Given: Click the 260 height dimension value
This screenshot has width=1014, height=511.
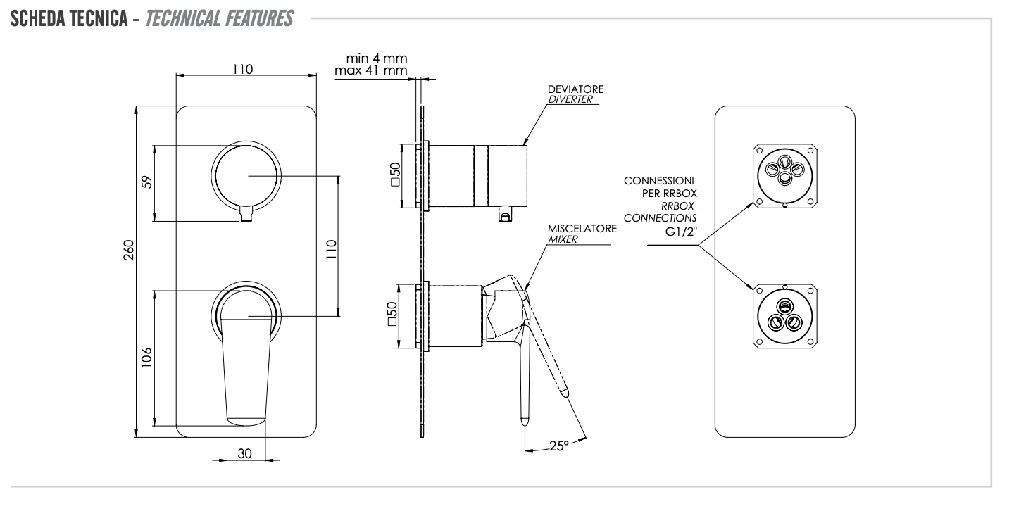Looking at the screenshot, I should [x=128, y=271].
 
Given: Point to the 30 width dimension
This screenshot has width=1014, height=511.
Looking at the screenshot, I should [x=244, y=454].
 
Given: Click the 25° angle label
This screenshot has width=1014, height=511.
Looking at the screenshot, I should [x=557, y=445].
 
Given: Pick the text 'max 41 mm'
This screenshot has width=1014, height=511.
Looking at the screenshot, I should [x=371, y=70].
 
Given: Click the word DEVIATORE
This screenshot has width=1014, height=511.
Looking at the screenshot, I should [x=575, y=89].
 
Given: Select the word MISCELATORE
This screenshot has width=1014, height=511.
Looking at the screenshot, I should [x=582, y=229].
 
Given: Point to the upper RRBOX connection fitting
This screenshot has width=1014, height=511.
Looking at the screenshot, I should [x=784, y=175].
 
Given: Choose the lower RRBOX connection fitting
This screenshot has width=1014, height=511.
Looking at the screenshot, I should [x=784, y=316].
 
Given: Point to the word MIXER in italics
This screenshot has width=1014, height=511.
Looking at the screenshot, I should [x=563, y=239].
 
